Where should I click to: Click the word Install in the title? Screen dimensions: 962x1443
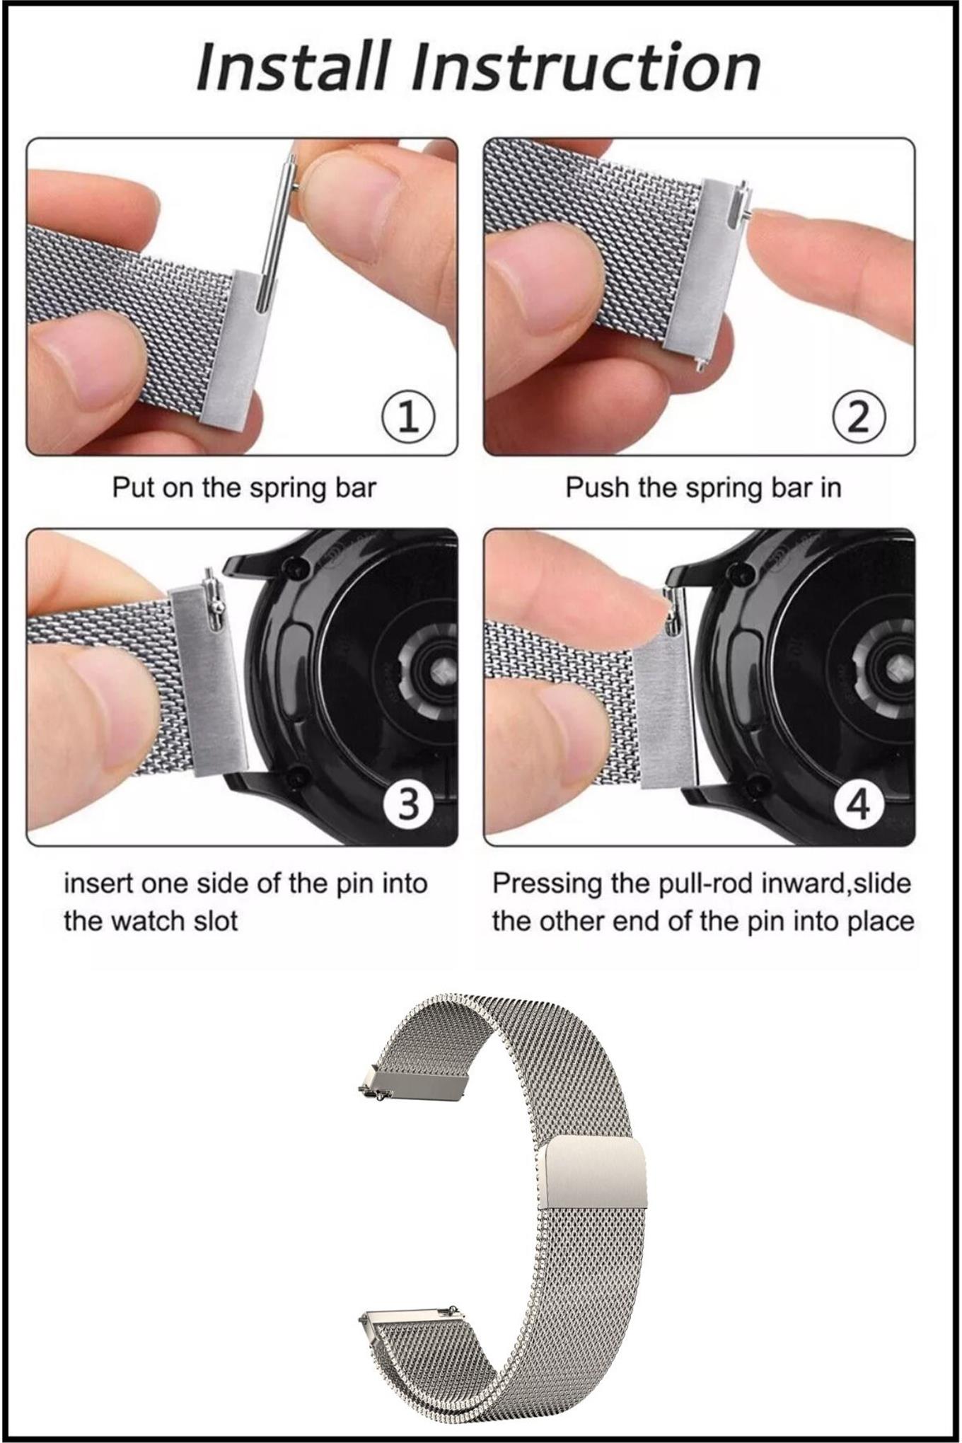[292, 67]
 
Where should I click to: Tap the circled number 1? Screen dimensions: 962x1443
[408, 418]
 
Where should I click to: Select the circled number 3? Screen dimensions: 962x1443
[407, 804]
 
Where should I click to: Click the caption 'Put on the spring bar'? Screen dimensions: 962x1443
[244, 488]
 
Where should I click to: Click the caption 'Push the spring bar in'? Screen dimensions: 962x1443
[703, 488]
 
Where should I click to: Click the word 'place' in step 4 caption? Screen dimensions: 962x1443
[879, 922]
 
